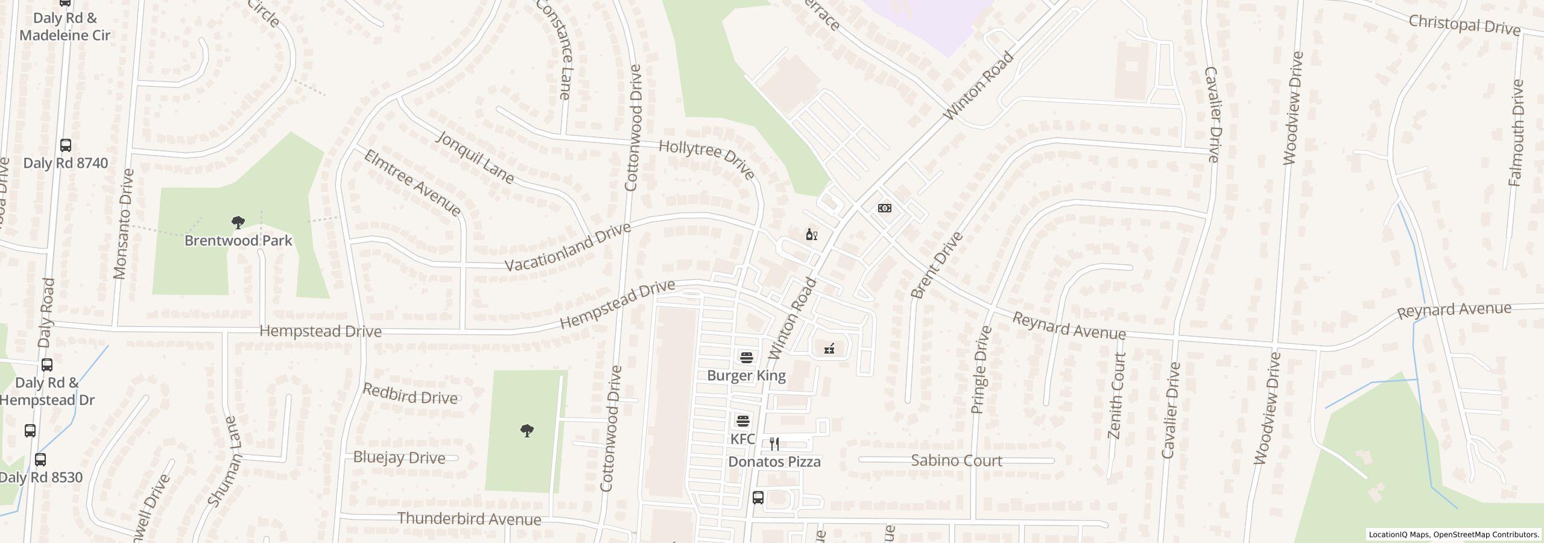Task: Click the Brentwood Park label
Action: (238, 241)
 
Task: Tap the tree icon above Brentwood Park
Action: (238, 223)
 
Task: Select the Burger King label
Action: (746, 375)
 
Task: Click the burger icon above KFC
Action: (742, 421)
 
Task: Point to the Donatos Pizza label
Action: (774, 462)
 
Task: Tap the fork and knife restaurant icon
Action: (774, 445)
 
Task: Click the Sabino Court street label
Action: (956, 460)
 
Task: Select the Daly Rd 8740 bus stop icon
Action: (66, 145)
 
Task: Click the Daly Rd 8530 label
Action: (41, 477)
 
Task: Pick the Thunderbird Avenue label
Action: (469, 519)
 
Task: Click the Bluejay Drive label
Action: (399, 457)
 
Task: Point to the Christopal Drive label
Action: (1464, 25)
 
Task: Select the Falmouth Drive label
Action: (1516, 133)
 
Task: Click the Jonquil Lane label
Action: (475, 157)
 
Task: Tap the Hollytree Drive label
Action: (706, 159)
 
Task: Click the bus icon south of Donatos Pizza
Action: (758, 498)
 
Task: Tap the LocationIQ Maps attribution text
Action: (1454, 535)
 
